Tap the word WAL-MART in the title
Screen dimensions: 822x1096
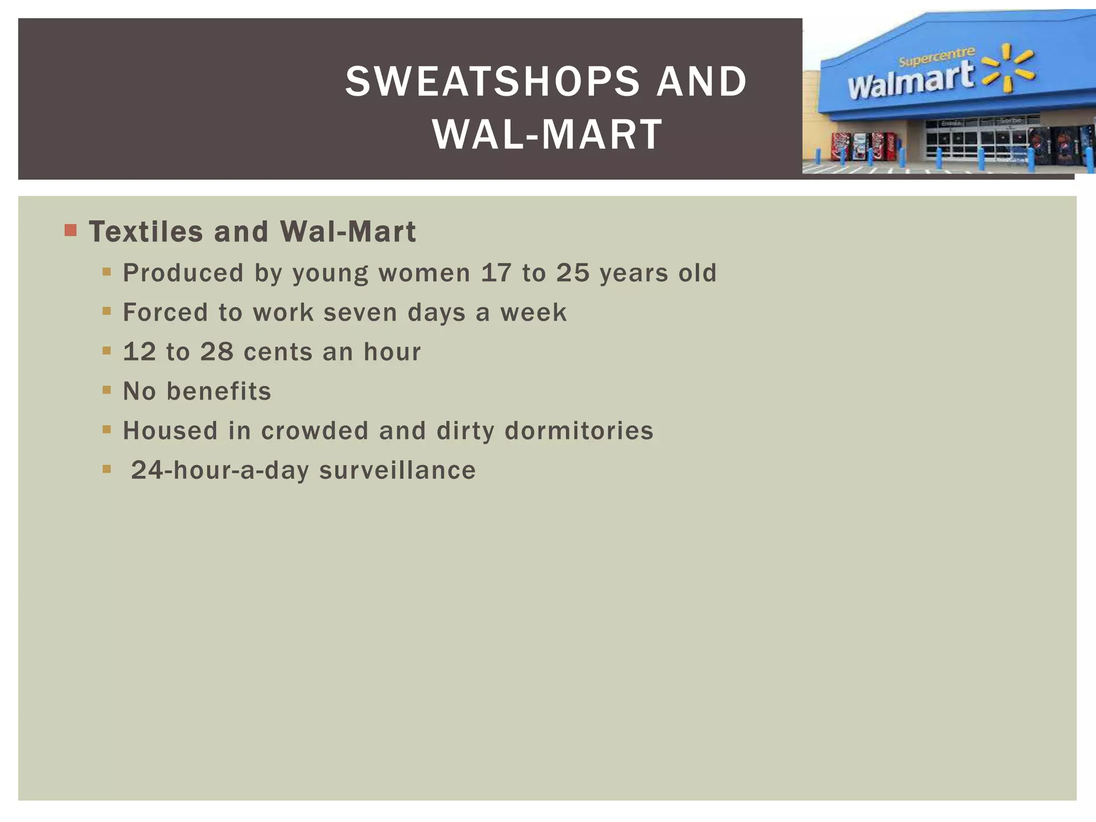(547, 134)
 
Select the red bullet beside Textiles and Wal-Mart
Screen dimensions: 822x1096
(71, 231)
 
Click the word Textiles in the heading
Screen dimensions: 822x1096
(146, 232)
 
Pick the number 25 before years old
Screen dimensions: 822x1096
(573, 272)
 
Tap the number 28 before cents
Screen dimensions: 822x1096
(217, 352)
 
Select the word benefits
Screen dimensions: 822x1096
(219, 391)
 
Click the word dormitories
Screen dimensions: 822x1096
(579, 431)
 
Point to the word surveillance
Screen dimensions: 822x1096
(397, 470)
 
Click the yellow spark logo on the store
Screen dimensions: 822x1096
(1008, 68)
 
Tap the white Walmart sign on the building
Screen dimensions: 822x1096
(910, 81)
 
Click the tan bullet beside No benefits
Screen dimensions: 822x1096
(106, 391)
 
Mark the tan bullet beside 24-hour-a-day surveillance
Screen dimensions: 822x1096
(106, 469)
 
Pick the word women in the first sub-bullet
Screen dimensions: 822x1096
(424, 272)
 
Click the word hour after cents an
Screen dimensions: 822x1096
(392, 352)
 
